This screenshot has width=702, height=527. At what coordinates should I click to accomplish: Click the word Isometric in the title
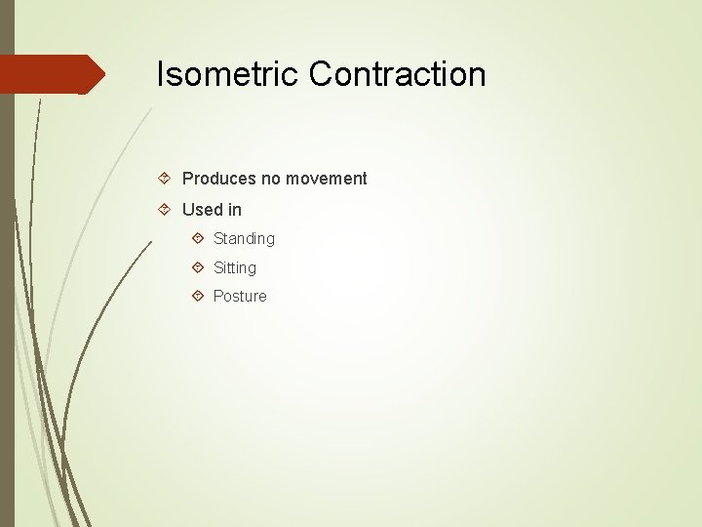coord(228,74)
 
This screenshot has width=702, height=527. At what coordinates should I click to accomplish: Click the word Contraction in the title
coord(398,74)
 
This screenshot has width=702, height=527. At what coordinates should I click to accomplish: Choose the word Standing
coord(244,239)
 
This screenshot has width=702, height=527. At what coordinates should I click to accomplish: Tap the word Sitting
coord(235,267)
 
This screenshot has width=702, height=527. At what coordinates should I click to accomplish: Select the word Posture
coord(240,296)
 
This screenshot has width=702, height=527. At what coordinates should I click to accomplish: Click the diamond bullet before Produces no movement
coord(166,178)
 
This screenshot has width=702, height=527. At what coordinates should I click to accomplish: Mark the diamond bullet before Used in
coord(166,209)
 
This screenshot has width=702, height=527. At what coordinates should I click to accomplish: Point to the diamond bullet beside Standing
coord(198,237)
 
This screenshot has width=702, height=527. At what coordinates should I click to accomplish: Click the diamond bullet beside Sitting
coord(198,266)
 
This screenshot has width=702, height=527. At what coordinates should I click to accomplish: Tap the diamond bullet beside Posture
coord(198,295)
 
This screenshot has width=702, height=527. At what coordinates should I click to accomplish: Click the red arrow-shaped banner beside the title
coord(49,74)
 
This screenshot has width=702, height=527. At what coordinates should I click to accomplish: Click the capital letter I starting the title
coord(161,74)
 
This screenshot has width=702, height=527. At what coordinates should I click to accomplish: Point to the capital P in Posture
coord(218,296)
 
